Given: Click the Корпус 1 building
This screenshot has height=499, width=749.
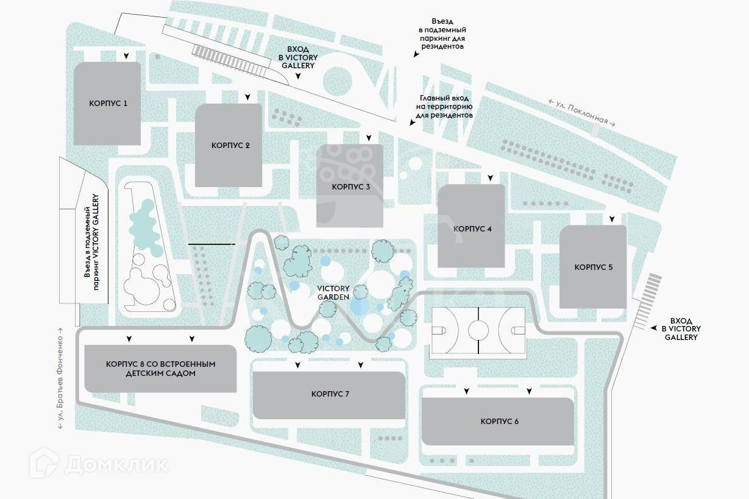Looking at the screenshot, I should [x=107, y=103].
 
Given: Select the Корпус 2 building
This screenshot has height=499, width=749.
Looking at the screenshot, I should [x=229, y=145].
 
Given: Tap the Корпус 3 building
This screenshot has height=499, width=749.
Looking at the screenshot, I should [x=350, y=186].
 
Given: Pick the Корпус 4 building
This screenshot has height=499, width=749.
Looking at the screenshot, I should [x=471, y=227].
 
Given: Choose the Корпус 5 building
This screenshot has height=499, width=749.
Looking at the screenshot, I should [x=593, y=267].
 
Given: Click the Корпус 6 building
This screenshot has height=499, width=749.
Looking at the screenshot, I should [x=498, y=422].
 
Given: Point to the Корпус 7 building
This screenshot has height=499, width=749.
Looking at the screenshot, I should [x=329, y=395].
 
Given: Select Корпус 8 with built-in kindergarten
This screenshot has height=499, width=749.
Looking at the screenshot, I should [x=160, y=369].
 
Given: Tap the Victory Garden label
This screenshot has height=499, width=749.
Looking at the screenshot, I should [x=333, y=292].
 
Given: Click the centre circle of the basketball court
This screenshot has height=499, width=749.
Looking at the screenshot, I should [x=478, y=331].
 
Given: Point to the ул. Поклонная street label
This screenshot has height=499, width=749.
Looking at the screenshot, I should [x=582, y=113].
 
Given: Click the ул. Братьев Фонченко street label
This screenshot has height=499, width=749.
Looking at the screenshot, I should [x=60, y=383].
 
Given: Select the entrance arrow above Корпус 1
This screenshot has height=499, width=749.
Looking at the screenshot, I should [x=126, y=56].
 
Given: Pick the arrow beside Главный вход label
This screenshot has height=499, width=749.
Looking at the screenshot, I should [x=413, y=122].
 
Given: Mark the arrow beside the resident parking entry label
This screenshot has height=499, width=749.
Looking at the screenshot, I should [x=416, y=54].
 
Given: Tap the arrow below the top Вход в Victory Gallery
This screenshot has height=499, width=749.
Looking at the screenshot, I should [x=299, y=77].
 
